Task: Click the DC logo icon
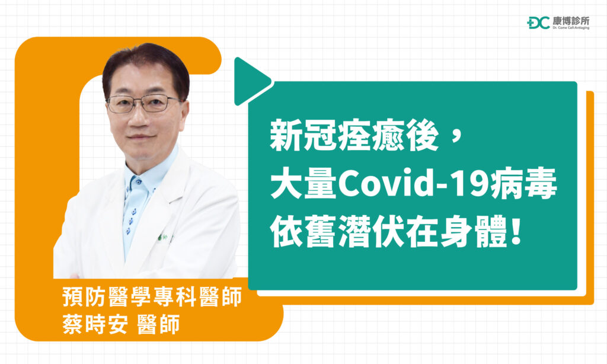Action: click(x=538, y=23)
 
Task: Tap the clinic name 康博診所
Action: click(x=571, y=21)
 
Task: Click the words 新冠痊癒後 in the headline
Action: click(x=355, y=138)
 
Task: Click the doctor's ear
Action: click(x=185, y=113)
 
